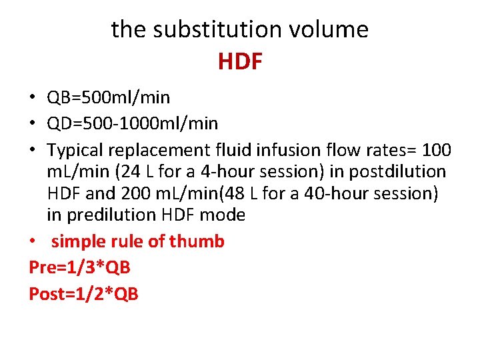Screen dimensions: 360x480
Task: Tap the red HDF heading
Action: tap(240, 62)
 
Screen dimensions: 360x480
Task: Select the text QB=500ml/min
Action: tap(108, 98)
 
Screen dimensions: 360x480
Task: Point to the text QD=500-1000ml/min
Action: tap(132, 124)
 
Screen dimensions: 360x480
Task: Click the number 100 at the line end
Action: tap(437, 150)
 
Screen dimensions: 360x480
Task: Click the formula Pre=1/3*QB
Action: tap(80, 267)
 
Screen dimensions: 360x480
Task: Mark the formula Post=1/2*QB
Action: tap(84, 293)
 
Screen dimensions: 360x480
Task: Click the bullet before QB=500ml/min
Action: tap(33, 99)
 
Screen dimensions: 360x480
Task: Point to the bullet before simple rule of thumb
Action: tap(33, 242)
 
